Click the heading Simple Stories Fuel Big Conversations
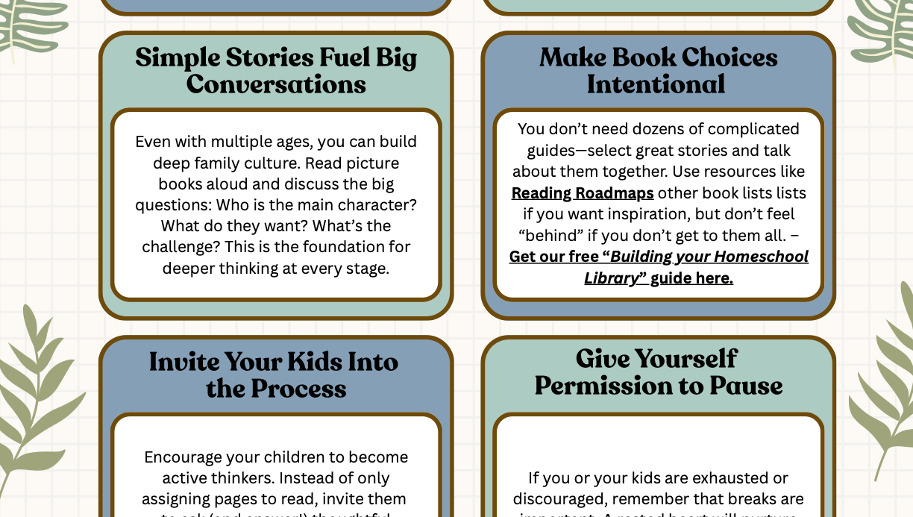pyautogui.click(x=276, y=71)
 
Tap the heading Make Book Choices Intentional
pyautogui.click(x=658, y=71)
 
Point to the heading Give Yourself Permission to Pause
pyautogui.click(x=658, y=372)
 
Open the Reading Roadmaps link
pyautogui.click(x=582, y=193)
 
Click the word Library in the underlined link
pyautogui.click(x=611, y=278)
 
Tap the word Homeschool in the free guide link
pyautogui.click(x=761, y=257)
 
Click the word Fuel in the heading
pyautogui.click(x=345, y=57)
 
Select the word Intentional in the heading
pyautogui.click(x=656, y=84)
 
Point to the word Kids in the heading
pyautogui.click(x=310, y=362)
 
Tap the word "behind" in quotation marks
pyautogui.click(x=550, y=236)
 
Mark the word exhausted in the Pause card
pyautogui.click(x=740, y=478)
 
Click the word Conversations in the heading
pyautogui.click(x=276, y=84)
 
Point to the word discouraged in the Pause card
pyautogui.click(x=559, y=499)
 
